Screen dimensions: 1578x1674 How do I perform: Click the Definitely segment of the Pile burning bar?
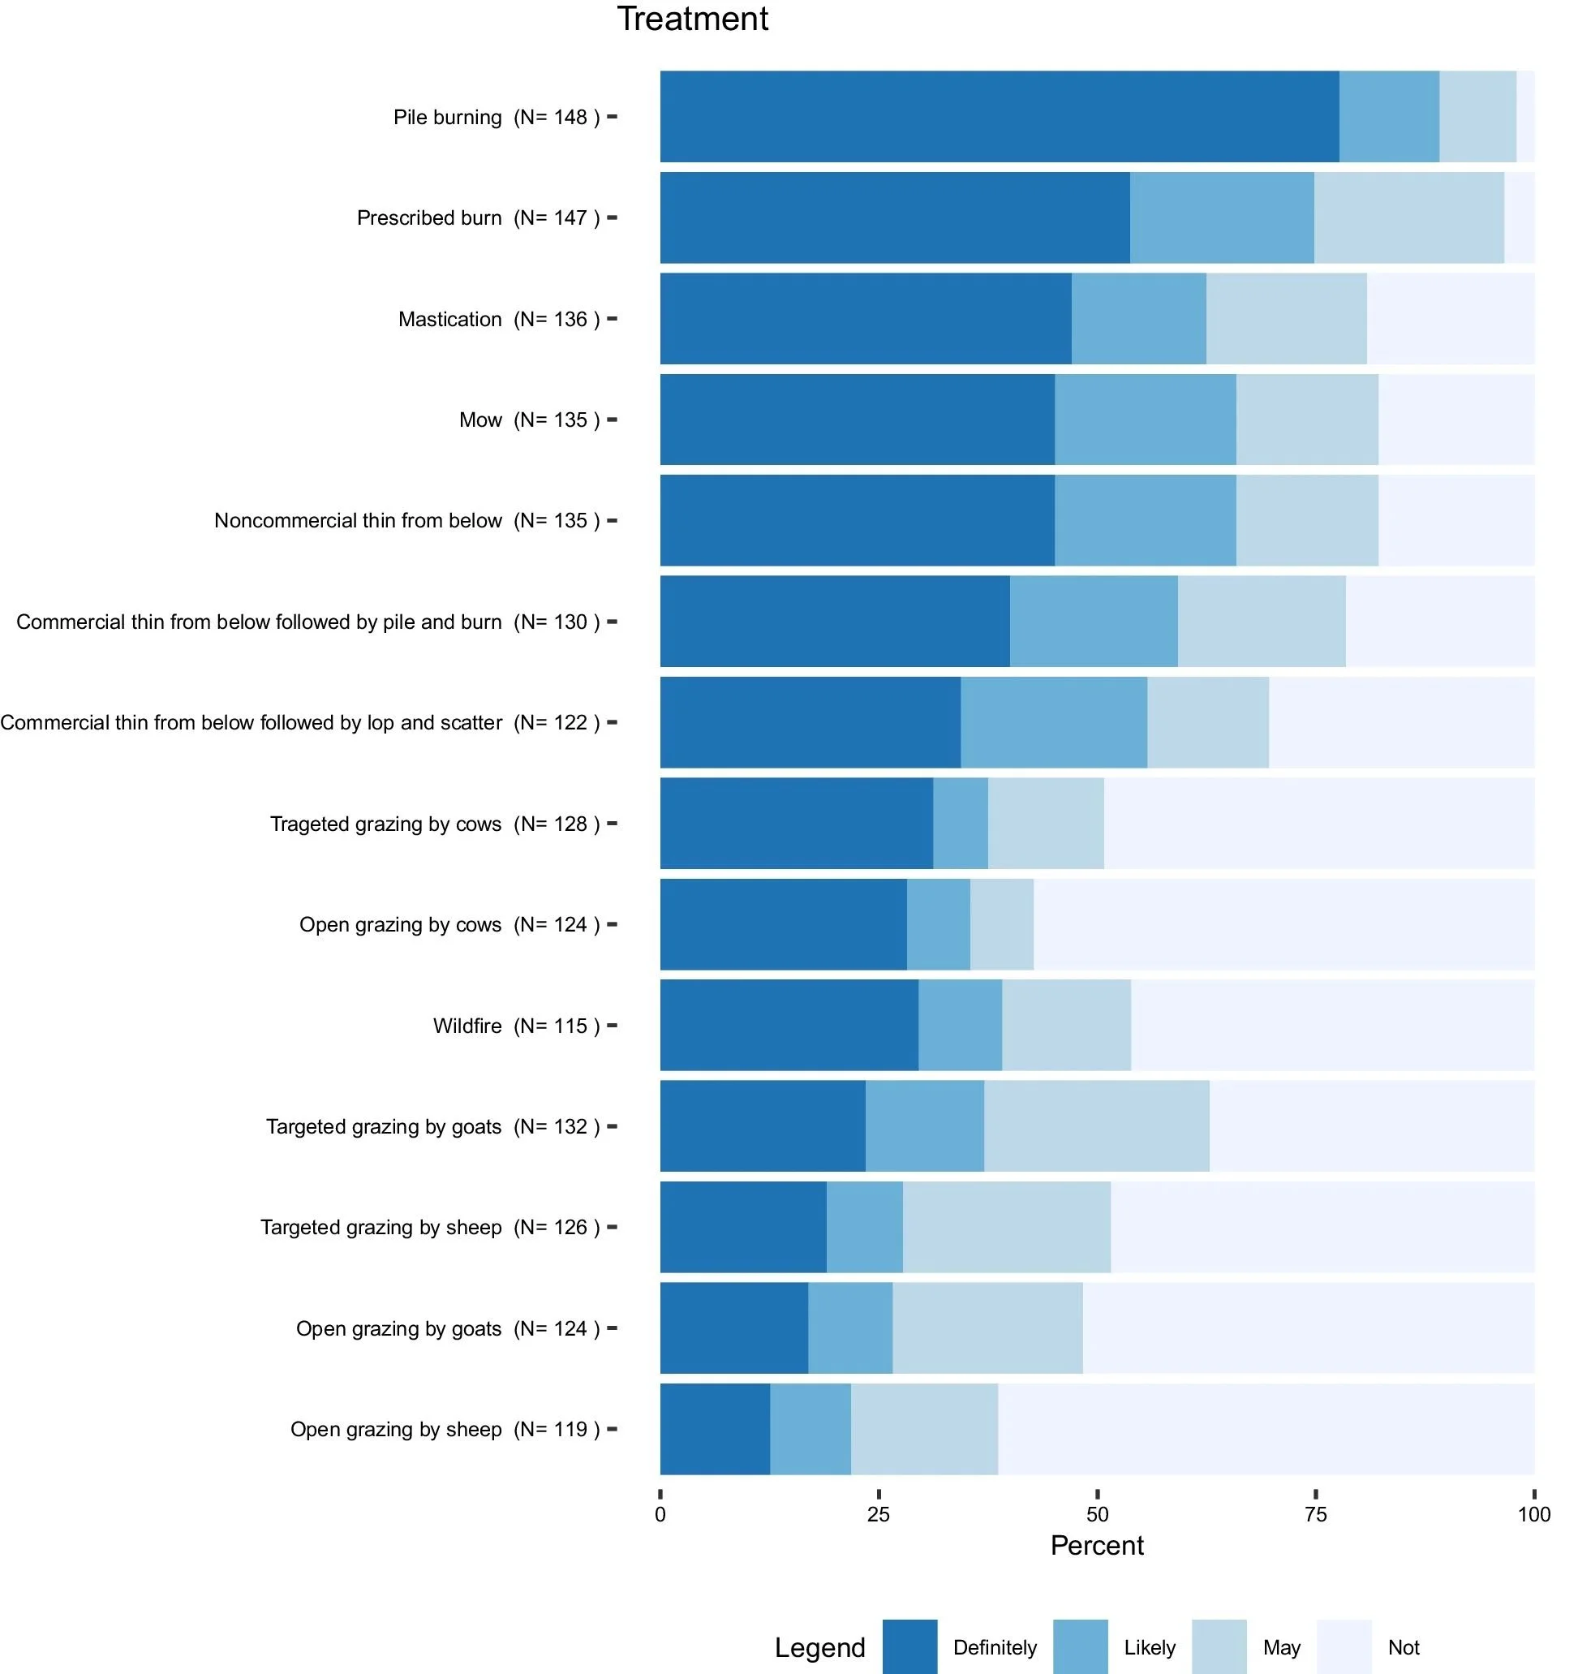[1000, 116]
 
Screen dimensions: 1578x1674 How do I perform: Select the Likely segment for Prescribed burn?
[1222, 217]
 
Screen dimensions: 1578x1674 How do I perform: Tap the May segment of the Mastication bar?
[1287, 318]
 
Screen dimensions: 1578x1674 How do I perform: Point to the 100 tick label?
[1534, 1515]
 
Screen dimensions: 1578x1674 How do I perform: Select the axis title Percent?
[1097, 1546]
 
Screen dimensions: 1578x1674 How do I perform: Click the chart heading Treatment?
[692, 19]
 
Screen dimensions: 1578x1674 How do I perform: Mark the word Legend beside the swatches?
[820, 1648]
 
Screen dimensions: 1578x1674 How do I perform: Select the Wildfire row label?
[467, 1026]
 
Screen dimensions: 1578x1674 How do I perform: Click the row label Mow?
[481, 420]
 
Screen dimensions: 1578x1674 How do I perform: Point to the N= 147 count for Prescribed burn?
[557, 218]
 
